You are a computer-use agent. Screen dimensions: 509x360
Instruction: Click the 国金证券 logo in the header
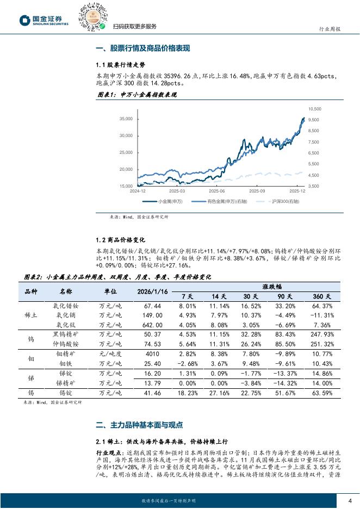[44, 20]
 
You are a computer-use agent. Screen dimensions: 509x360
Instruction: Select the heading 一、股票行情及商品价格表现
[142, 48]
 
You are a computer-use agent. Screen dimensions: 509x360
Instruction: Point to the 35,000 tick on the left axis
[126, 119]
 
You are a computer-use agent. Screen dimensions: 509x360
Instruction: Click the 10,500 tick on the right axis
[315, 109]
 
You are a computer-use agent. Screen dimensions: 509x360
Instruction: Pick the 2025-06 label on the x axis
[217, 191]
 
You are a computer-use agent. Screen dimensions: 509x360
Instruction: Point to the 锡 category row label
[31, 393]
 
